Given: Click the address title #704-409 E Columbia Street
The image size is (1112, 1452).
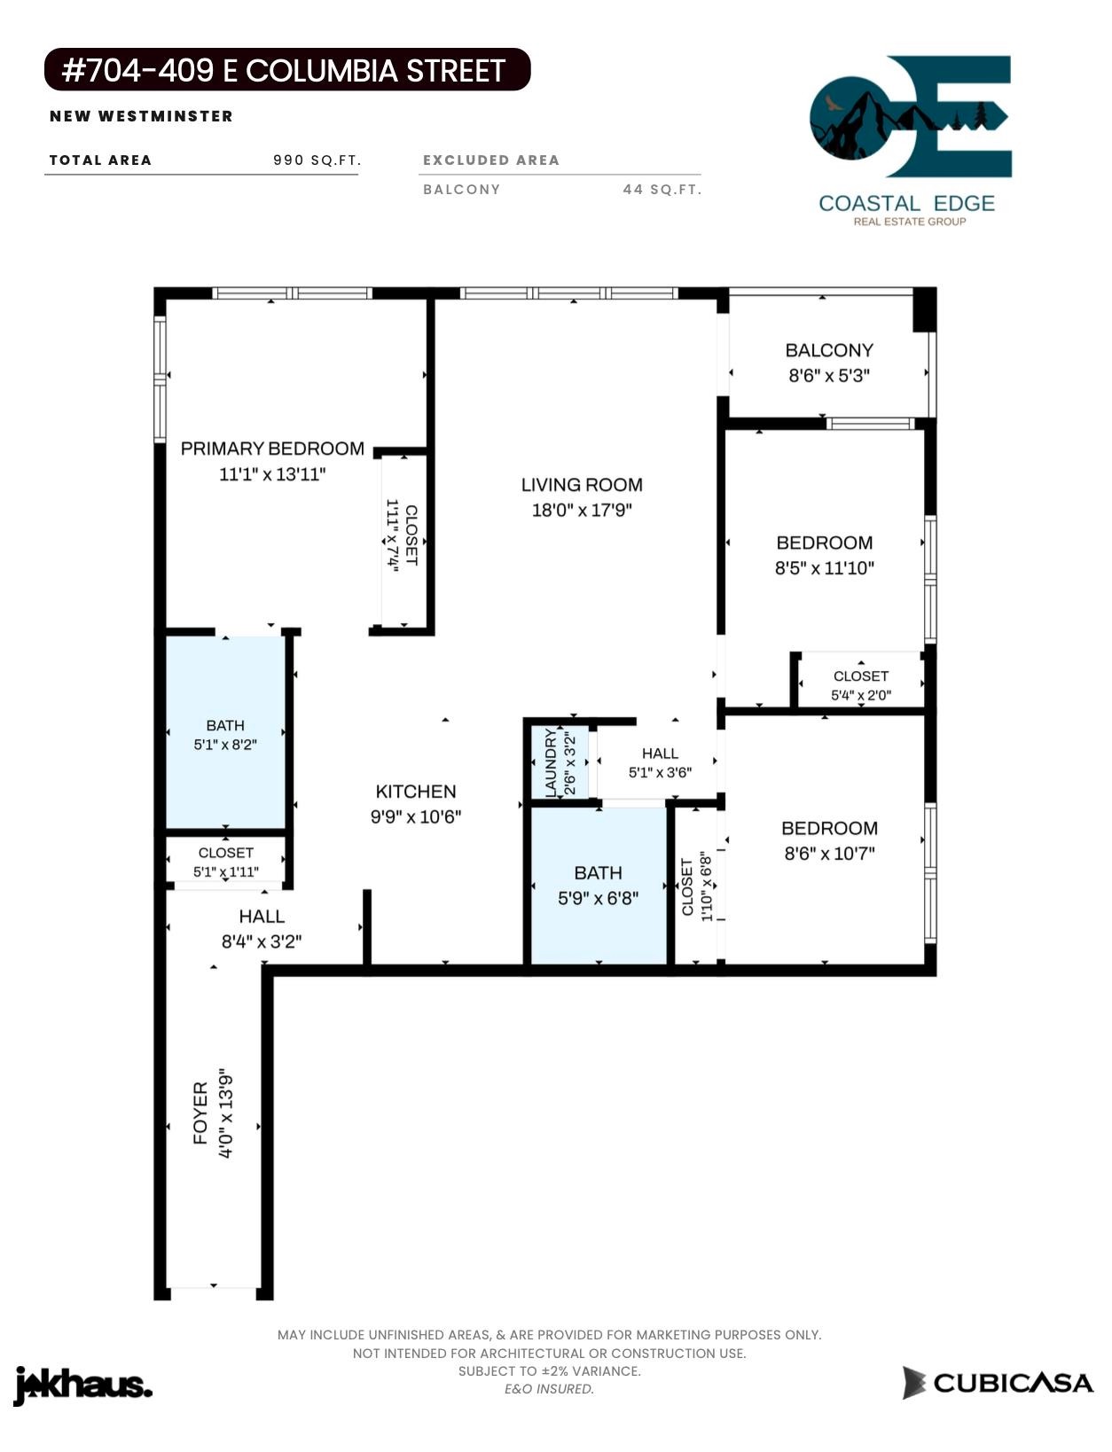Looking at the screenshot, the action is (x=284, y=71).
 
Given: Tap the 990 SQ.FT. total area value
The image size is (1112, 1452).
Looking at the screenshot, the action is (x=317, y=160).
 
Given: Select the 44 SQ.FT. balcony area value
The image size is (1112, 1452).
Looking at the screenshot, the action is (x=662, y=190).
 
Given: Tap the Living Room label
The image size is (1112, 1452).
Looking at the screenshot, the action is (x=582, y=485).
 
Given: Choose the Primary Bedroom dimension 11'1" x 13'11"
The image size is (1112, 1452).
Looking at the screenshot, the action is (x=272, y=474).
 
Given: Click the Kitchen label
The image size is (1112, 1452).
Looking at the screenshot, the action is (x=416, y=792).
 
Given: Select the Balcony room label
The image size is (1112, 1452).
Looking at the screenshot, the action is (x=828, y=350).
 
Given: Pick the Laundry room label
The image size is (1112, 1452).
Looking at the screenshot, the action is (x=551, y=762).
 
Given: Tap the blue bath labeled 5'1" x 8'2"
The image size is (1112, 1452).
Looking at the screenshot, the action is (x=225, y=731).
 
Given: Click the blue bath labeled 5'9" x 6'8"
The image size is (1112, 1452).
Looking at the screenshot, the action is (x=598, y=885).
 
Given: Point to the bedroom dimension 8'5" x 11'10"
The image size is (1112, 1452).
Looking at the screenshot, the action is (x=824, y=568).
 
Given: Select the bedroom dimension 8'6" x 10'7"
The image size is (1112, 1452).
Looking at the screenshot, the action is (x=829, y=854).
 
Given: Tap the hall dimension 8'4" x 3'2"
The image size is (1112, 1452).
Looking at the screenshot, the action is (x=262, y=941).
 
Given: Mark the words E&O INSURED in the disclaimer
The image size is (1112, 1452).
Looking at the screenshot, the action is (x=549, y=1388).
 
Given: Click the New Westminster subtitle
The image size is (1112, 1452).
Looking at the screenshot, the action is (x=141, y=116).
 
